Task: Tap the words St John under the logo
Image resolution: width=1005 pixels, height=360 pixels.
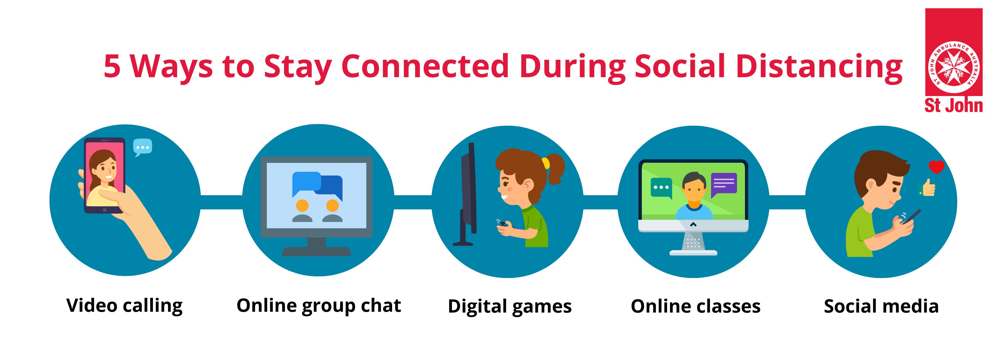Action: coord(954,105)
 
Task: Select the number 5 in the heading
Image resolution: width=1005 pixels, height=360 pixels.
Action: coord(112,66)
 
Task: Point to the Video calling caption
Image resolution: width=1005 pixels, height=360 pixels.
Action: coord(124,306)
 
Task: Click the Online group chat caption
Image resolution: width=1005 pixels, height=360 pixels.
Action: coord(319,306)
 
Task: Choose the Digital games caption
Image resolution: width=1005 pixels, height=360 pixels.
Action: coord(509,307)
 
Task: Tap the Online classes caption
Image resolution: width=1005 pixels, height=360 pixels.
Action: coord(696,307)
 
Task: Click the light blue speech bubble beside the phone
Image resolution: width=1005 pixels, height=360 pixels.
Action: coord(142,147)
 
